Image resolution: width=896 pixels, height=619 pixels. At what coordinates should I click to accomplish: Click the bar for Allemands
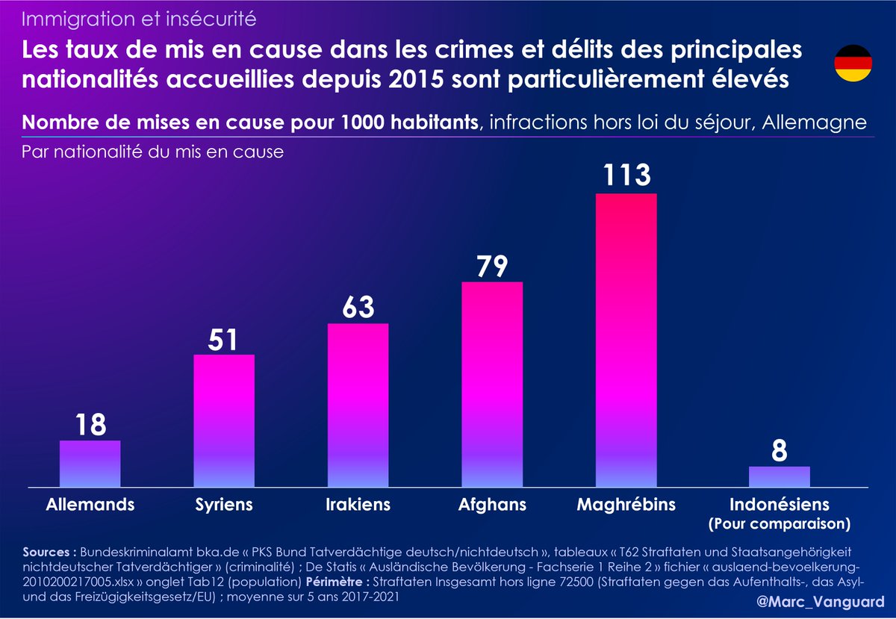pos(90,464)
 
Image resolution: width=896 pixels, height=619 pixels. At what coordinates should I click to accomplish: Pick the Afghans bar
pos(492,385)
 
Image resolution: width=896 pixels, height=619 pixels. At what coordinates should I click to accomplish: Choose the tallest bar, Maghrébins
pos(626,340)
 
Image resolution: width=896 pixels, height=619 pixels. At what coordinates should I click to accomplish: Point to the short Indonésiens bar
pos(779,476)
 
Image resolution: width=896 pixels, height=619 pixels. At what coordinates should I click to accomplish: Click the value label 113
pos(626,176)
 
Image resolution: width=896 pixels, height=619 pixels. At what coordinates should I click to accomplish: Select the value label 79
pos(492,265)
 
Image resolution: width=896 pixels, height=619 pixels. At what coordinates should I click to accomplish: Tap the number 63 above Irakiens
pos(358,307)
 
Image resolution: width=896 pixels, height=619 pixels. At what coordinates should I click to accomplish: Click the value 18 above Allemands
pos(90,425)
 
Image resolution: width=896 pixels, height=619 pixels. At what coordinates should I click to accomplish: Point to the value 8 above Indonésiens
pos(779,451)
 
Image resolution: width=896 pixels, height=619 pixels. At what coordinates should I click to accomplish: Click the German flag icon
pos(853,63)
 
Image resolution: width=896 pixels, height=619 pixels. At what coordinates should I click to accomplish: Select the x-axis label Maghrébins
pos(626,505)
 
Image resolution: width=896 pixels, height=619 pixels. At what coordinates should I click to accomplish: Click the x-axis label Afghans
pos(492,505)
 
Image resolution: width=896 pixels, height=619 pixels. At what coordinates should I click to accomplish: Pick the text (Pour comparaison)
pos(779,523)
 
